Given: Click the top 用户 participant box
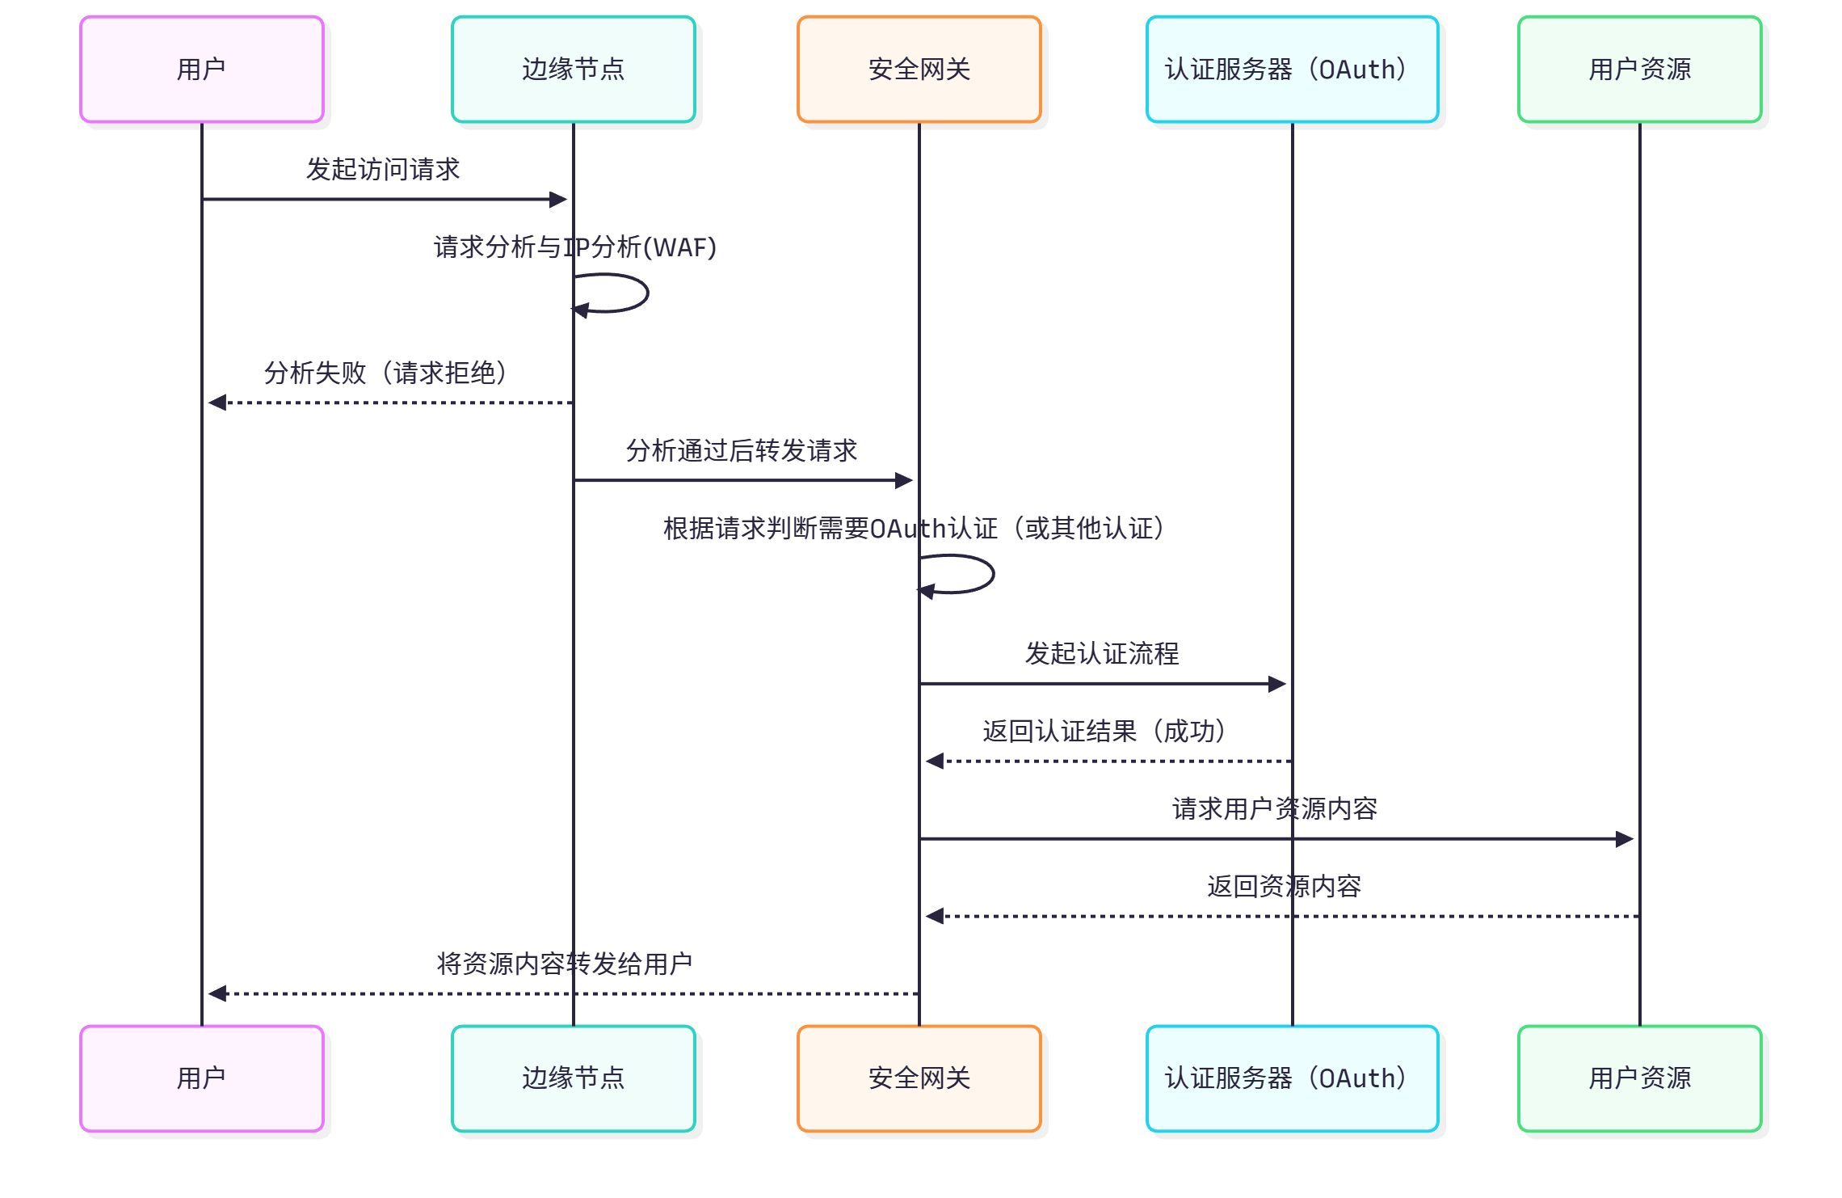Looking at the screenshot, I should click(201, 70).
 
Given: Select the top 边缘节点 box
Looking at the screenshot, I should click(573, 70).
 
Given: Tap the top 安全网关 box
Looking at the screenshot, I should click(919, 70).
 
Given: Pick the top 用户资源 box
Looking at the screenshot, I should click(1639, 70).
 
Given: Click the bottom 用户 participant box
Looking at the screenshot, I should click(201, 1078).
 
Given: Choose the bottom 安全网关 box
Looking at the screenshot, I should click(919, 1078).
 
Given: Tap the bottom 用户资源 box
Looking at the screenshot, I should click(1639, 1078).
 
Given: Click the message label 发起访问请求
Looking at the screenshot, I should click(382, 170).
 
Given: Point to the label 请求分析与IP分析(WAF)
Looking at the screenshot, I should click(574, 247).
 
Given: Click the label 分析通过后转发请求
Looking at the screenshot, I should click(741, 451).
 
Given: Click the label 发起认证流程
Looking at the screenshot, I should click(1102, 654).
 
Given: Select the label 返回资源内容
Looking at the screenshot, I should click(1284, 887).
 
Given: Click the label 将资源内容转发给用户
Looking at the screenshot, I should click(564, 964).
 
